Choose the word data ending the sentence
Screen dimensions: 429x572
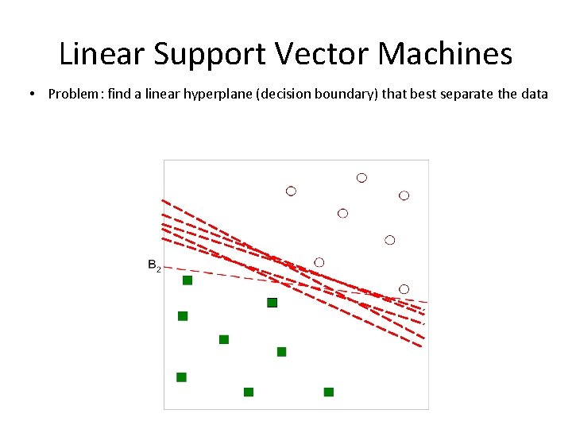pos(535,95)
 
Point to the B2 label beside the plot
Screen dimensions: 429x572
pos(154,265)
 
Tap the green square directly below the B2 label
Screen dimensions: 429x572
pos(187,280)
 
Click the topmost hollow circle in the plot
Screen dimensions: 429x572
pos(361,178)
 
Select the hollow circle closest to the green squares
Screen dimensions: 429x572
pos(319,262)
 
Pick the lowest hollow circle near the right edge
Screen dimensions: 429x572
pos(404,289)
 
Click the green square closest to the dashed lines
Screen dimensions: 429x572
pos(272,303)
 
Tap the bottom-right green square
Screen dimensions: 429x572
pos(329,392)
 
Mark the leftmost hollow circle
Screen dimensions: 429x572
pos(291,191)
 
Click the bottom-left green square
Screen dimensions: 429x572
pos(181,377)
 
